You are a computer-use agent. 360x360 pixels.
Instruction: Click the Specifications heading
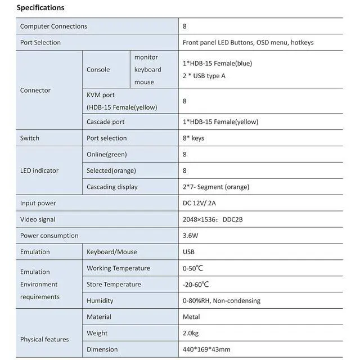[40, 8]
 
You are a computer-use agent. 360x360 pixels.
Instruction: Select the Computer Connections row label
[53, 26]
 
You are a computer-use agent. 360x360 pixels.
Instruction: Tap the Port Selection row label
[40, 43]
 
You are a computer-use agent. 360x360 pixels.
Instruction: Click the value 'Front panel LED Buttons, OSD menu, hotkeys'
[248, 43]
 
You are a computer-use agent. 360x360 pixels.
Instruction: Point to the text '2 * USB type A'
[204, 76]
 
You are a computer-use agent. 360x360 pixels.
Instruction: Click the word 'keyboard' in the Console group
[147, 70]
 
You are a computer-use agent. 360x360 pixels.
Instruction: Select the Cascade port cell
[106, 122]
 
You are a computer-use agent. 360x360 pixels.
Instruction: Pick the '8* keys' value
[193, 138]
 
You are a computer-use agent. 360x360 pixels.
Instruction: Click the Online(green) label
[107, 155]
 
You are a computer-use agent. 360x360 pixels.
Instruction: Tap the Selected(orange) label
[111, 171]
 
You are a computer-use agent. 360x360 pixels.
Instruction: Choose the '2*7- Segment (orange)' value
[216, 187]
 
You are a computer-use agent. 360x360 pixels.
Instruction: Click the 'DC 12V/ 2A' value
[200, 204]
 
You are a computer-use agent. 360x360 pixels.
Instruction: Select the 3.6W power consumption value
[191, 236]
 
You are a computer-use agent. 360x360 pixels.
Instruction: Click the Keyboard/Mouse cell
[112, 252]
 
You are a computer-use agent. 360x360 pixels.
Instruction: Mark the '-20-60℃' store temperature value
[196, 285]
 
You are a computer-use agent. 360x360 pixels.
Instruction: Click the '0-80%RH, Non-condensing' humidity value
[222, 301]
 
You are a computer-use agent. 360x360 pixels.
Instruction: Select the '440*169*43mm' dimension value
[206, 350]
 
